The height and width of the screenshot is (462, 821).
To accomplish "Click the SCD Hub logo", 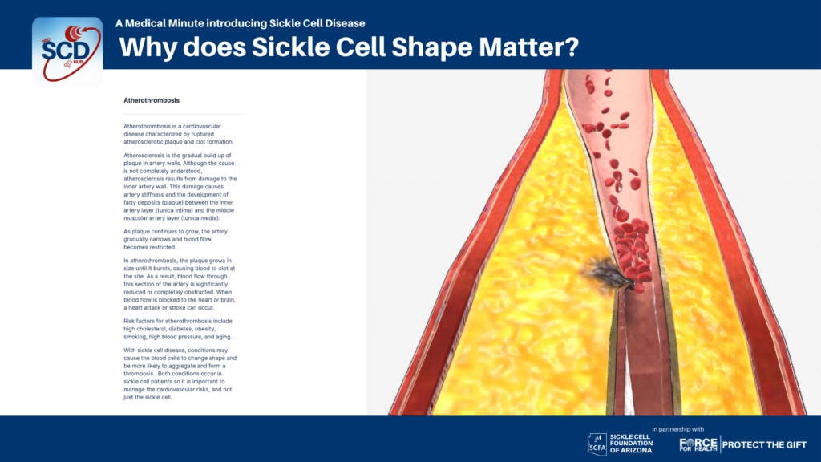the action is coord(67,51).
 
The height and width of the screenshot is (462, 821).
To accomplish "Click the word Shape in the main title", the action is coord(431,47).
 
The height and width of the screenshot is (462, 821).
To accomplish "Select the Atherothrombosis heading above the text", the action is coord(152,100).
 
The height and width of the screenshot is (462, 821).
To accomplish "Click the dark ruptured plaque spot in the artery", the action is coord(603,274).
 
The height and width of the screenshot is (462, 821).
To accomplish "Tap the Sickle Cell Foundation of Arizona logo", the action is coord(621,444).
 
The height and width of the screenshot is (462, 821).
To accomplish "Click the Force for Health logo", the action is coord(698,444).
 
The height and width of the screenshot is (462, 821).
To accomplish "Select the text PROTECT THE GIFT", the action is coord(764,444).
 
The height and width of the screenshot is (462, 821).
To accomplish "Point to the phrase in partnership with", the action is coord(678,429).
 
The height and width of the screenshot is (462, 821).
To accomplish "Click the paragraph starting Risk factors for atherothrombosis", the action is coord(178,329).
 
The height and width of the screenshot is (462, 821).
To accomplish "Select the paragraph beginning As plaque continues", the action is coord(176,239).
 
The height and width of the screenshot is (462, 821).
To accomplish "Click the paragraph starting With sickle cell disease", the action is coord(180,374).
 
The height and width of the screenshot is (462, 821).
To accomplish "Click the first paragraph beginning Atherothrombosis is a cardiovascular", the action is coord(179,134).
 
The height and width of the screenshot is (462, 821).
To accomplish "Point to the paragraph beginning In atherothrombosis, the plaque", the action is coord(180,284).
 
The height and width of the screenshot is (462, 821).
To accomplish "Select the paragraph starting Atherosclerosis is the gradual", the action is coord(180,186).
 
